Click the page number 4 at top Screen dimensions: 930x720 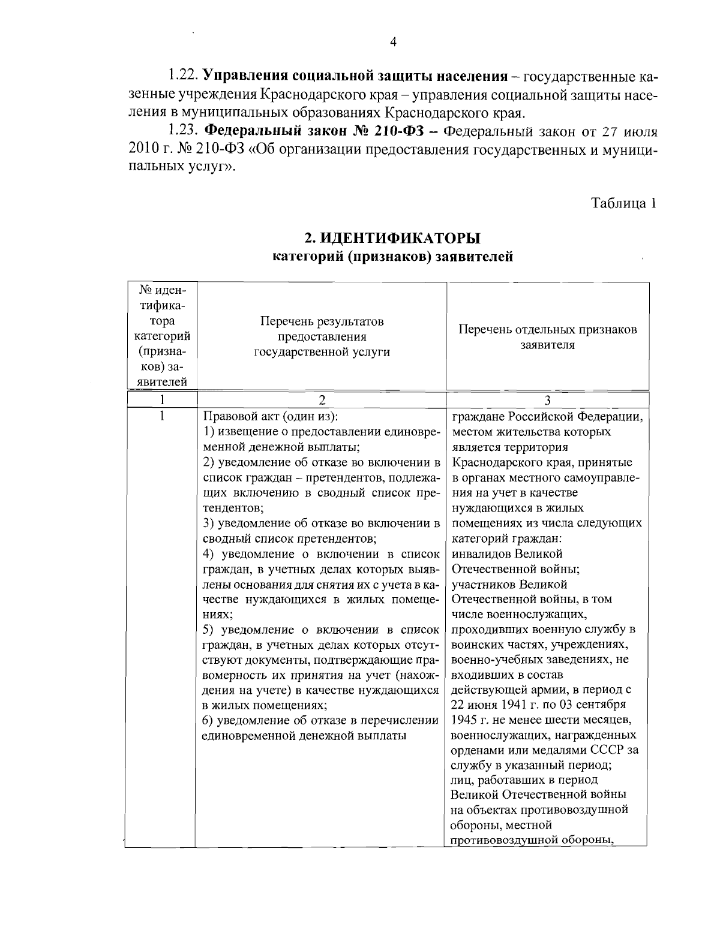click(x=394, y=42)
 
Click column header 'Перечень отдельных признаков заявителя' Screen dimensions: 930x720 click(x=547, y=337)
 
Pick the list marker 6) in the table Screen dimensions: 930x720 click(x=209, y=720)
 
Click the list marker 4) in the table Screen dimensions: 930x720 click(x=209, y=553)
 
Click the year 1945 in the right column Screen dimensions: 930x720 click(x=464, y=720)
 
